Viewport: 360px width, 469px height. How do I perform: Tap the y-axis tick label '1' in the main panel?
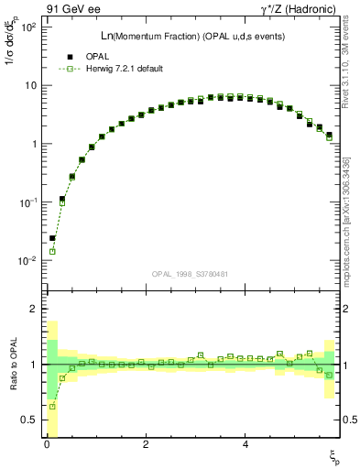point(32,144)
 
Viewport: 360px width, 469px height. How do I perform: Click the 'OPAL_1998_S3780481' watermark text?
point(190,273)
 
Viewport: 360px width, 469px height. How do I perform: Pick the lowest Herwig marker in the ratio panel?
point(52,406)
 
